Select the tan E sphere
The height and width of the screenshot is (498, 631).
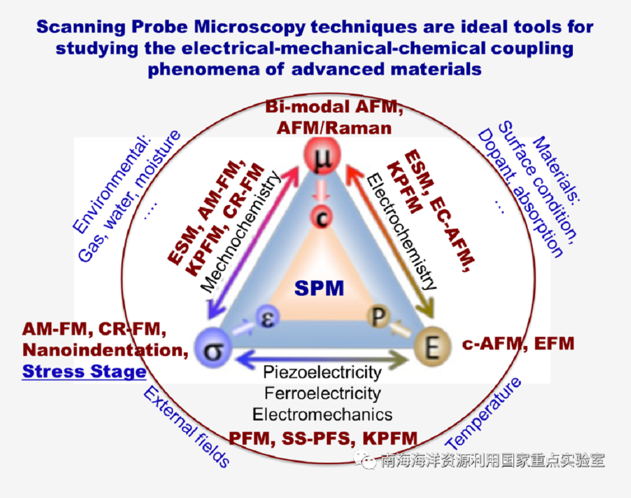coord(432,346)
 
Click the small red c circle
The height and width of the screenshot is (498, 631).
coord(322,218)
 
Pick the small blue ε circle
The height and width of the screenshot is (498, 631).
coord(268,317)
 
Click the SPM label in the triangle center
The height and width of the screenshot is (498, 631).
coord(319,288)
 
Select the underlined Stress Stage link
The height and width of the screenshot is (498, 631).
coord(84,372)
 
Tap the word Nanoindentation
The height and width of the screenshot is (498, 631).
coord(106,350)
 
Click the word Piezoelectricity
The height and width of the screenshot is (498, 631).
coord(322,373)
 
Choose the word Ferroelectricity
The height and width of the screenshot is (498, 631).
coord(322,393)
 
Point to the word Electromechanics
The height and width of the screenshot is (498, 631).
coord(322,414)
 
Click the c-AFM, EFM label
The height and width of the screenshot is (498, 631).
coord(518,344)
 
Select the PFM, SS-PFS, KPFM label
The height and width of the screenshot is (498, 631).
coord(323,438)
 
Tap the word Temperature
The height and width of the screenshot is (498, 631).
coord(483,414)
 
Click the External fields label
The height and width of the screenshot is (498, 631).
coord(186,426)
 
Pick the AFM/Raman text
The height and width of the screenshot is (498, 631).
coord(334,128)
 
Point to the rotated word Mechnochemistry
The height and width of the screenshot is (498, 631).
coord(241,231)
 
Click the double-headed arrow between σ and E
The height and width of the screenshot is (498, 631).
coord(322,358)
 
